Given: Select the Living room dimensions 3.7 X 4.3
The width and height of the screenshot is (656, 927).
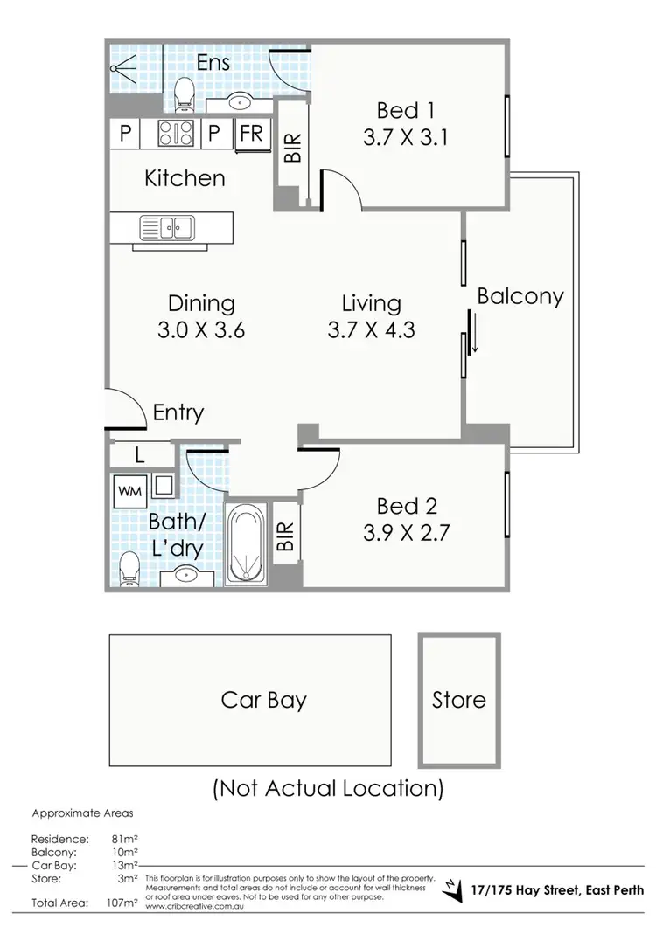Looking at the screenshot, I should coord(371,330).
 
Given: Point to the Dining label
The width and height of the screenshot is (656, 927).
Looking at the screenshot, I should coord(201,303).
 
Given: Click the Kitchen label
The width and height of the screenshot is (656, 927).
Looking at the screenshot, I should coord(185,178).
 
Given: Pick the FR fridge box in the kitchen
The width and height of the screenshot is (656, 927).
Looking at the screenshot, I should coord(251,134).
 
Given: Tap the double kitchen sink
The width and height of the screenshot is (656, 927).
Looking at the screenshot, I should coord(167,229).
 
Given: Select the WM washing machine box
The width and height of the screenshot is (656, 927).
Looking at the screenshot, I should coord(127,491).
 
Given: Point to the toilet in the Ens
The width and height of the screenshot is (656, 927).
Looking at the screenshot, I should coord(185,92).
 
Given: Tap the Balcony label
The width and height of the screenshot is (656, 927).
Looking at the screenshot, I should coord(520,296).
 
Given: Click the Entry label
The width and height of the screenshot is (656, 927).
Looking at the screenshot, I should coord(178,412).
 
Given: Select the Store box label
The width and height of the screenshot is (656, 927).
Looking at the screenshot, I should coord(458,700).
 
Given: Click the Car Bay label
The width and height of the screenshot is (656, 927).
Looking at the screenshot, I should coord(263,700).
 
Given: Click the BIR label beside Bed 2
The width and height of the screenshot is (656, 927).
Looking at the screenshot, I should coord(285,530).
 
